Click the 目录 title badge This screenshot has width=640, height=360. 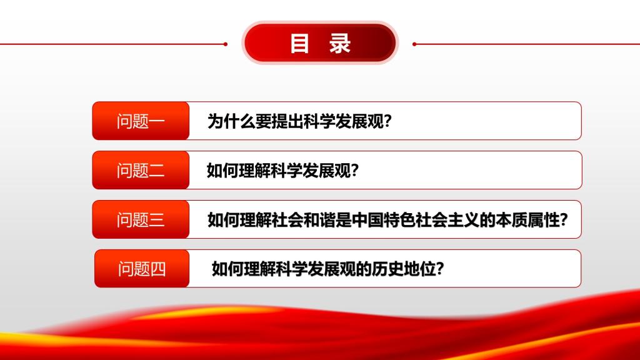(320, 43)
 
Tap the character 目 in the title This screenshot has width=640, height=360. (299, 43)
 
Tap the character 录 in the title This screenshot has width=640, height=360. (340, 43)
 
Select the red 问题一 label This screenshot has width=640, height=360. (141, 121)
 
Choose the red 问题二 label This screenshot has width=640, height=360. (141, 170)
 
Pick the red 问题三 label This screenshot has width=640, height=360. (141, 219)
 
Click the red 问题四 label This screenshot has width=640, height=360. (142, 269)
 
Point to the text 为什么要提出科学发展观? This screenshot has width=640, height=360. (299, 121)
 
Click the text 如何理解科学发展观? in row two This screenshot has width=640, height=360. (283, 171)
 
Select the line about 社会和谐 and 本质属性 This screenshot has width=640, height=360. (387, 220)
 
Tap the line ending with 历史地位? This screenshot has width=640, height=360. (327, 269)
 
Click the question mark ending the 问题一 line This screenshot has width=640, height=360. (387, 121)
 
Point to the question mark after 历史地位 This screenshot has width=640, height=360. (440, 269)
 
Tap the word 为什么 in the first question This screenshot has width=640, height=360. (231, 121)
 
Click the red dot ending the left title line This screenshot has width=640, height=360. (225, 44)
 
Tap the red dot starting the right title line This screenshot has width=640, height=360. (414, 44)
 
